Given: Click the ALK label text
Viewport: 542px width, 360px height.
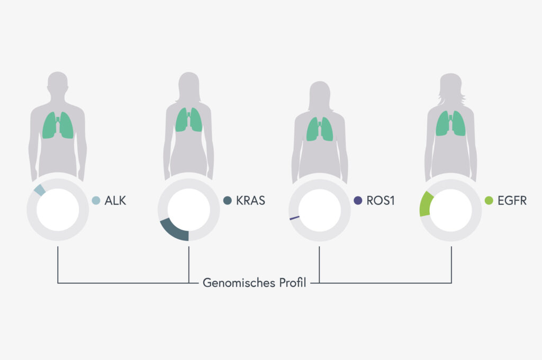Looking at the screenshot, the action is click(115, 201).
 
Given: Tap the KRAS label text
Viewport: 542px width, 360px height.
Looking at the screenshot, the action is click(250, 201).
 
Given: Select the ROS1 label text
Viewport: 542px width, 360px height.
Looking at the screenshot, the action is click(381, 201).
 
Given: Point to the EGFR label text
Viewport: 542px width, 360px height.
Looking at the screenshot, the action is click(512, 201).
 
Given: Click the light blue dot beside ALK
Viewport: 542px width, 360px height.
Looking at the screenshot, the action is click(96, 200).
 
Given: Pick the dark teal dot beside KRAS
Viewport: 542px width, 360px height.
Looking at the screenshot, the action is click(228, 200).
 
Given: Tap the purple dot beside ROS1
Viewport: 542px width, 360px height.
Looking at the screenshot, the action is click(358, 200).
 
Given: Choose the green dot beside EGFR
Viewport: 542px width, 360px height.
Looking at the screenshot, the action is click(489, 200).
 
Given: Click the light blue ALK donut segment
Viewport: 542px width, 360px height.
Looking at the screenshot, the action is click(40, 190).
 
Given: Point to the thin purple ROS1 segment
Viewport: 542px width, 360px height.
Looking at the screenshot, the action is click(294, 218).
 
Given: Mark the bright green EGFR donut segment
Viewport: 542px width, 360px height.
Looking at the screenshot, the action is click(425, 204).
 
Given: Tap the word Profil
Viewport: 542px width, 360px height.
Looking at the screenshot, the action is click(293, 283).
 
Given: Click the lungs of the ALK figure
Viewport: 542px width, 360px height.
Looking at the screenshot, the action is click(58, 125).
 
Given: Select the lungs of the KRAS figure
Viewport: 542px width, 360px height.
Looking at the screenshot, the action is click(189, 120).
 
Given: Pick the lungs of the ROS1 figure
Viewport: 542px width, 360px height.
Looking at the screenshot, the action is click(320, 129).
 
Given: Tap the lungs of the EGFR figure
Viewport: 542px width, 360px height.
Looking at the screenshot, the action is click(450, 123).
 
